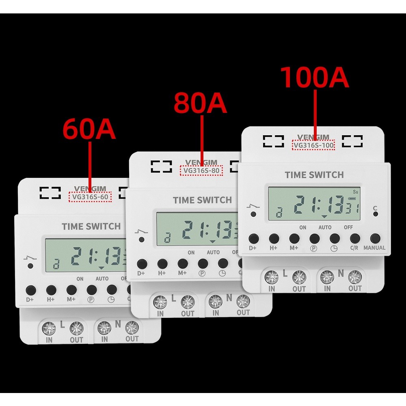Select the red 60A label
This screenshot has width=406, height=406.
pyautogui.click(x=89, y=130)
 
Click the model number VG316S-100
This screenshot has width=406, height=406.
pyautogui.click(x=313, y=145)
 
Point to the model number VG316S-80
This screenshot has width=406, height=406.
pyautogui.click(x=201, y=171)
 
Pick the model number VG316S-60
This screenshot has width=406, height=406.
pyautogui.click(x=90, y=197)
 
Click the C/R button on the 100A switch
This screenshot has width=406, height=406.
pyautogui.click(x=354, y=238)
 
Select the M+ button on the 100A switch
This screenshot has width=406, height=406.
pyautogui.click(x=294, y=238)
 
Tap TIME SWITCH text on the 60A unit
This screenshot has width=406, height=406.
pyautogui.click(x=91, y=227)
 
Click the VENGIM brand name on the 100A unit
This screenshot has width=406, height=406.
pyautogui.click(x=313, y=137)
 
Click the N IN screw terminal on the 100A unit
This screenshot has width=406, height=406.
pyautogui.click(x=327, y=277)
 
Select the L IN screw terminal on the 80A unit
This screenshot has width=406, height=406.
pyautogui.click(x=161, y=302)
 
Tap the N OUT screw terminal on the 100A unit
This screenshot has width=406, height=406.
pyautogui.click(x=354, y=277)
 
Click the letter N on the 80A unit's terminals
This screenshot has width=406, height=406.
pyautogui.click(x=229, y=298)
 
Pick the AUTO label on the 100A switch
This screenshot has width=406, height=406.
pyautogui.click(x=325, y=227)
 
